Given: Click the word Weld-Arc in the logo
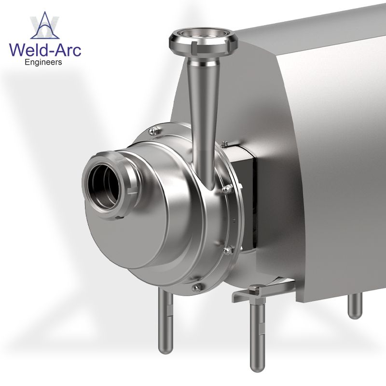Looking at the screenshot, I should (x=45, y=50).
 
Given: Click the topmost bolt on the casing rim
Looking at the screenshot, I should (x=153, y=130).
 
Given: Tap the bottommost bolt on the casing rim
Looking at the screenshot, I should (x=195, y=288).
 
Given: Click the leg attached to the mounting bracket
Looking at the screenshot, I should (x=257, y=333).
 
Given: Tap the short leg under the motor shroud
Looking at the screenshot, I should (x=355, y=306).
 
